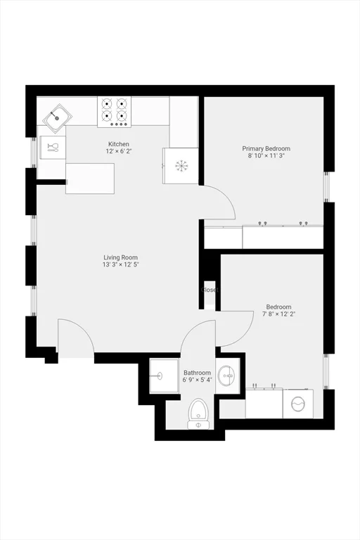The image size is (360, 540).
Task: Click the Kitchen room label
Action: (118, 144)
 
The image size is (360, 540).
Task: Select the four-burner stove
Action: (115, 111)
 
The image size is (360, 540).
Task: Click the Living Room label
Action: (120, 257)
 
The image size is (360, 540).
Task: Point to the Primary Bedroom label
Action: (266, 148)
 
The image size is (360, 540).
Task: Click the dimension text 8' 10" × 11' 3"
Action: (266, 157)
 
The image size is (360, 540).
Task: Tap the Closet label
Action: (210, 290)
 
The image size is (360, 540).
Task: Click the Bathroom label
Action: (197, 373)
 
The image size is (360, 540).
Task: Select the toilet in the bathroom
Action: (200, 413)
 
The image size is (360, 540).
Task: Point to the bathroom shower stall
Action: (165, 378)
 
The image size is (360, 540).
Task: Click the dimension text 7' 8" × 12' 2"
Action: (278, 314)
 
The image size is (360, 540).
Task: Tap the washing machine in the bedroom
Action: (298, 406)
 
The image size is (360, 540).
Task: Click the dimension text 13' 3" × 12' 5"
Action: (120, 266)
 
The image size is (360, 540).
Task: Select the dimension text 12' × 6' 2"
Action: (118, 152)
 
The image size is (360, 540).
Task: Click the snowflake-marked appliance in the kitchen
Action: (181, 165)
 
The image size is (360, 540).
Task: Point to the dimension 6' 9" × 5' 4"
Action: (197, 380)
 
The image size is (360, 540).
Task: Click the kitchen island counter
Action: (90, 179)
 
